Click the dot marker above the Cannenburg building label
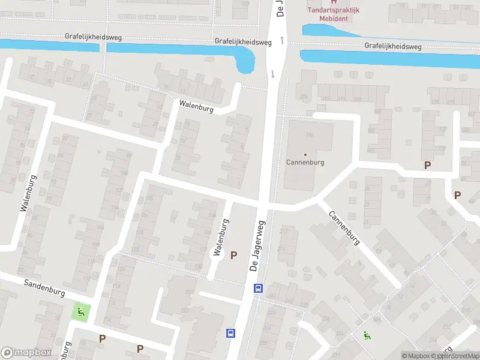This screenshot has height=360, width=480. click(305, 155)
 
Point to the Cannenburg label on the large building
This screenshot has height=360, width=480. click(305, 163)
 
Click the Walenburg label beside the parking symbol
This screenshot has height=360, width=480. click(221, 238)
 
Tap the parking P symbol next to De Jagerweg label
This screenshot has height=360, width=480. click(234, 255)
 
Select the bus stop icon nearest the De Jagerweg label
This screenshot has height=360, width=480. click(258, 288)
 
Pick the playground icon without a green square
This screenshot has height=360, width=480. click(366, 335)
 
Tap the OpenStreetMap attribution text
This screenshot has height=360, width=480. click(459, 356)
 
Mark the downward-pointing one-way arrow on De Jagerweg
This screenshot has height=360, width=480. click(274, 74)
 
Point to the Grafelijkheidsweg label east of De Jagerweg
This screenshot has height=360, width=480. click(392, 46)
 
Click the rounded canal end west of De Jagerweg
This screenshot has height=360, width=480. click(246, 64)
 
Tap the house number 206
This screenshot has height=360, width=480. click(305, 96)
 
